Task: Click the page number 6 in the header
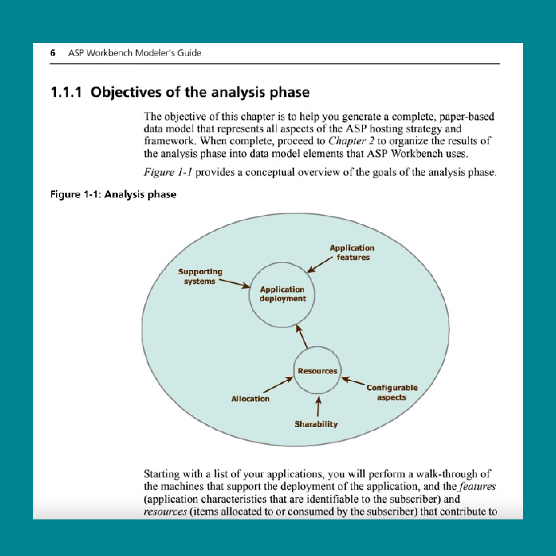(52, 53)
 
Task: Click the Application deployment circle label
(282, 294)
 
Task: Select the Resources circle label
(317, 371)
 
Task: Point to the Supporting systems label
(200, 276)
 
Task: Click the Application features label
(352, 252)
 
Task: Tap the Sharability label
(316, 424)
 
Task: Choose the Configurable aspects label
(392, 392)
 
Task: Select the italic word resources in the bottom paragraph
(165, 511)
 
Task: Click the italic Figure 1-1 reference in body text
(168, 172)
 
